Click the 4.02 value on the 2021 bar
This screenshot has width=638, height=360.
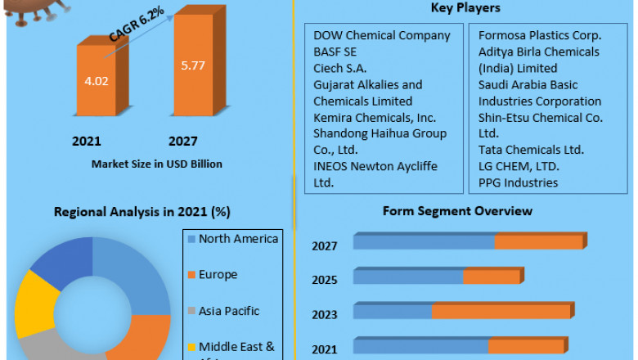pyautogui.click(x=97, y=82)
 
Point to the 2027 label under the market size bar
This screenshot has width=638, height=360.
pyautogui.click(x=182, y=141)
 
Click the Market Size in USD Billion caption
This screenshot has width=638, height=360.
pyautogui.click(x=157, y=164)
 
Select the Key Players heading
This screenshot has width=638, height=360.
pyautogui.click(x=466, y=8)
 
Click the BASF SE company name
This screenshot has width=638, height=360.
pyautogui.click(x=336, y=52)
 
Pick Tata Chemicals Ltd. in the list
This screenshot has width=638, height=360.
pyautogui.click(x=531, y=150)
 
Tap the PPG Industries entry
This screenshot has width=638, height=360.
pyautogui.click(x=519, y=182)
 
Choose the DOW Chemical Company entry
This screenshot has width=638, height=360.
pyautogui.click(x=382, y=35)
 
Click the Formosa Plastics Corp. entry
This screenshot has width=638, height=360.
pyautogui.click(x=540, y=35)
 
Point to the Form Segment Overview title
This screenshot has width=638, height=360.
pyautogui.click(x=457, y=211)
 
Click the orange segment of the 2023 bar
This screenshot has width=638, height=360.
pyautogui.click(x=501, y=311)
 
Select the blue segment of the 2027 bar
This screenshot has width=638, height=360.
pyautogui.click(x=424, y=241)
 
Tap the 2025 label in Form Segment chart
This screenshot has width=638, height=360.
pyautogui.click(x=325, y=280)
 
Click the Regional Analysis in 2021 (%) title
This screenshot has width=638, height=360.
pyautogui.click(x=142, y=212)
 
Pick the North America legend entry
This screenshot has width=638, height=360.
pyautogui.click(x=238, y=239)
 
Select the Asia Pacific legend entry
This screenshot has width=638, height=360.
pyautogui.click(x=229, y=311)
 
